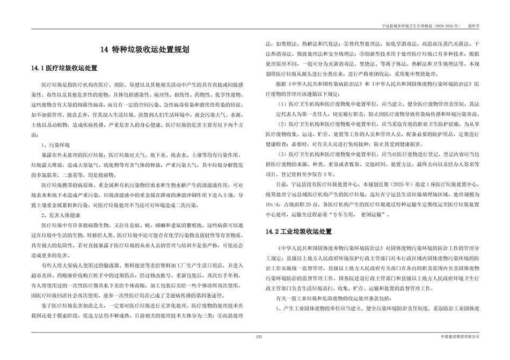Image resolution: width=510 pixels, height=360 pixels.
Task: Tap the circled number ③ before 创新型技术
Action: click(363, 54)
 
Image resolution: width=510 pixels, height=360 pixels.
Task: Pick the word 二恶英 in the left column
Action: click(77, 175)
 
